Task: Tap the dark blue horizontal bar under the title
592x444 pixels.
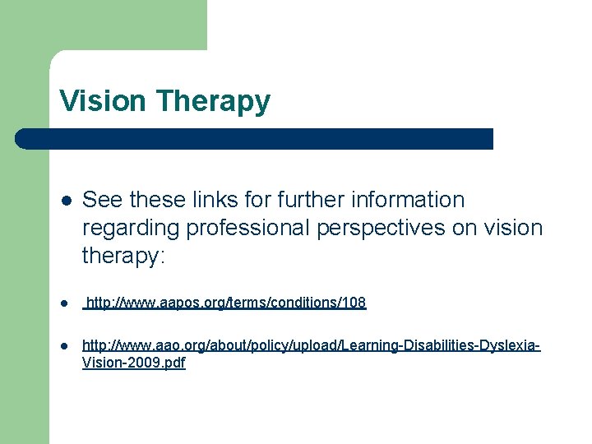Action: point(255,138)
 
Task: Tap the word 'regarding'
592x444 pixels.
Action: point(132,229)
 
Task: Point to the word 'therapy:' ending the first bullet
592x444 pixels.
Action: point(123,257)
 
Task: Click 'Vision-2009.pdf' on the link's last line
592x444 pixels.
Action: point(134,363)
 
